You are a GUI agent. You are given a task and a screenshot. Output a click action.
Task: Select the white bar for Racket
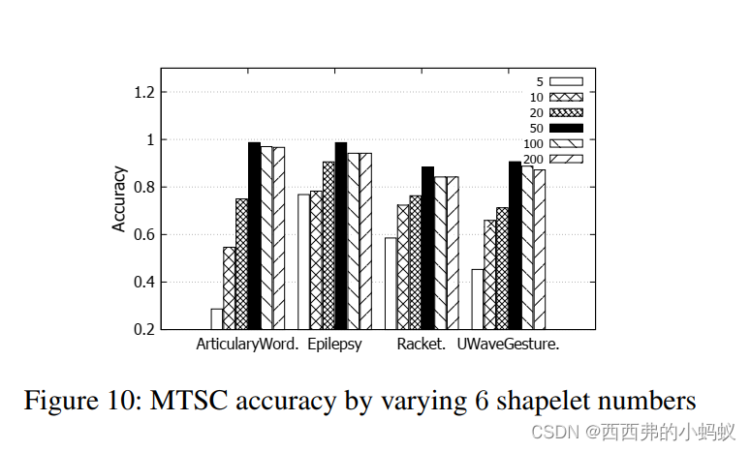391,283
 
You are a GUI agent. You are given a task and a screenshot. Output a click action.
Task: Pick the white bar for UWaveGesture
478,299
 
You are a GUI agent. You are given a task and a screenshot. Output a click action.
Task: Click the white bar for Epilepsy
303,261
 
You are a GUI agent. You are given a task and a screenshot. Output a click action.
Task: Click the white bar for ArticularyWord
217,318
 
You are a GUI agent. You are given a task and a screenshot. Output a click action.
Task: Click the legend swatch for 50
566,128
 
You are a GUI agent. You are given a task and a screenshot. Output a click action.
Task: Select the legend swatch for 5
566,81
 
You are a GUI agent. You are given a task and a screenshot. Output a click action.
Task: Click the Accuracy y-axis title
119,199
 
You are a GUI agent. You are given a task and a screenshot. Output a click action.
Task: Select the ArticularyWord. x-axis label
247,345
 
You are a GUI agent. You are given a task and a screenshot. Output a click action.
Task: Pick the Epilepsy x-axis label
335,345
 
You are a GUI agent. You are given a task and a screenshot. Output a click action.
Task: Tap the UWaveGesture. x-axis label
509,345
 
